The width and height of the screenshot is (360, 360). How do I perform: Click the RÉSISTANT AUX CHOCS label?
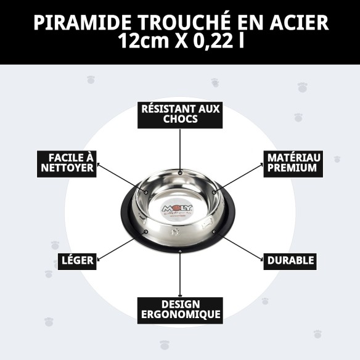(x=180, y=114)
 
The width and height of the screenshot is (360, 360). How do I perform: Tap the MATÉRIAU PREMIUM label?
(x=292, y=162)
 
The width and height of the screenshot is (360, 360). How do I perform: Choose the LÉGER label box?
(x=77, y=261)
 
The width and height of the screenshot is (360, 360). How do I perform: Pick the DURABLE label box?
(x=290, y=261)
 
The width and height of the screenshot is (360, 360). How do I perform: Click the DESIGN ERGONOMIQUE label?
(x=180, y=309)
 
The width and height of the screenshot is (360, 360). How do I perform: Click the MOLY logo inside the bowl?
(x=177, y=210)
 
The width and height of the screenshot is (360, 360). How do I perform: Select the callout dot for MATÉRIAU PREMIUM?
(x=214, y=192)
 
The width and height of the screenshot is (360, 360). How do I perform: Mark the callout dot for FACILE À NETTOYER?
(x=146, y=192)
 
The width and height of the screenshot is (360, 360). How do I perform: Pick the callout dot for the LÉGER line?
(x=145, y=232)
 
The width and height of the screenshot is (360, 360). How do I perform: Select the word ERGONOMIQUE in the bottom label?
(x=180, y=315)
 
